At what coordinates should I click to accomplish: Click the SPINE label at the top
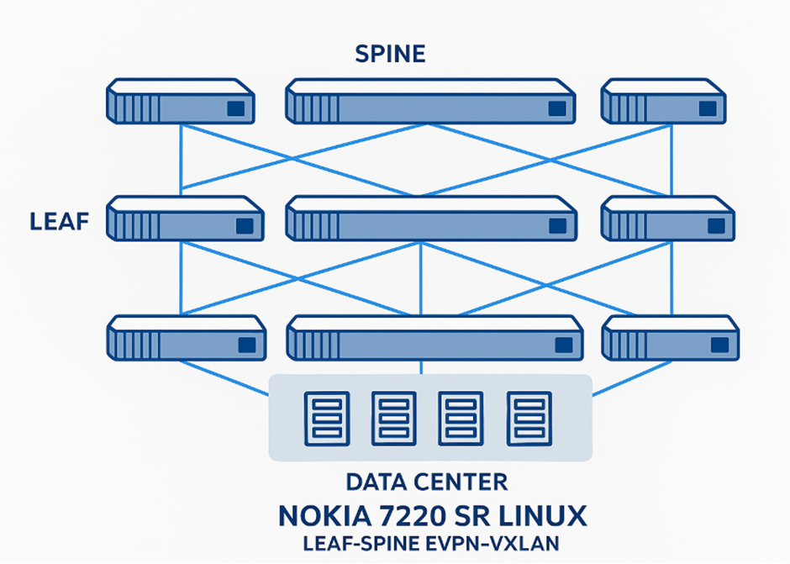pos(390,55)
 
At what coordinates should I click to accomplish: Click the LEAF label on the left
pos(59,222)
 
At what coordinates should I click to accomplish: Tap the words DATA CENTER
pos(427,482)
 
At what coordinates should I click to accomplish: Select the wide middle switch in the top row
pos(430,102)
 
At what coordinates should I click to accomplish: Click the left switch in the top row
pos(181,102)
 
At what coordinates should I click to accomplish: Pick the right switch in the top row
pos(663,102)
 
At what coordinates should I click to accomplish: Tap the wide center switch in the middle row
pos(431,219)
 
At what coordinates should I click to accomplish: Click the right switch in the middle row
pos(668,219)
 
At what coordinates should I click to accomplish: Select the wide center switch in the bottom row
pos(434,339)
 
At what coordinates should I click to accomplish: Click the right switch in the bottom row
pos(671,339)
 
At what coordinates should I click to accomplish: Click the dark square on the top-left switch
pos(236,108)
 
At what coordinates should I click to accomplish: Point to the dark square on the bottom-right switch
pos(719,345)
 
